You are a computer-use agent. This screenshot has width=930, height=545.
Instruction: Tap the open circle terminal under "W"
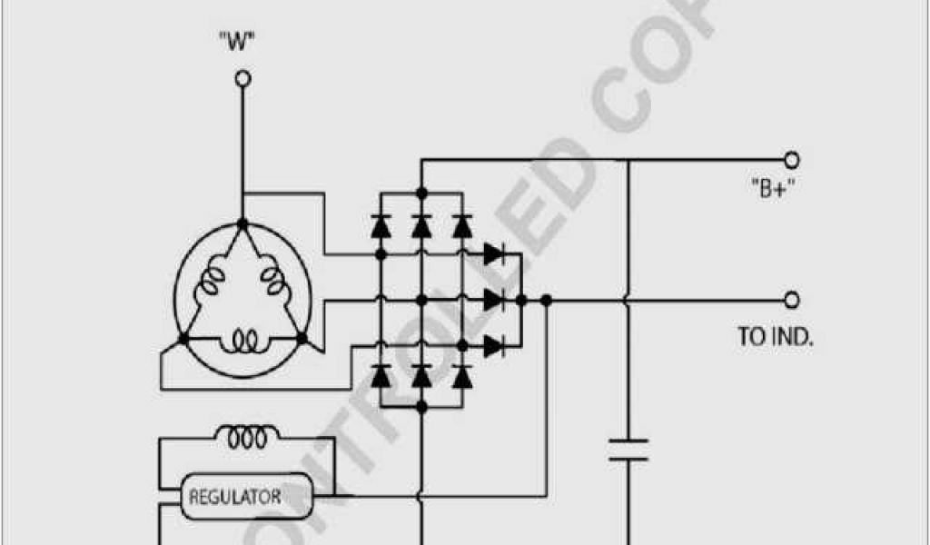point(242,80)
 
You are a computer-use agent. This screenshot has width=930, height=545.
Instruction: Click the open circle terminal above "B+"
point(791,161)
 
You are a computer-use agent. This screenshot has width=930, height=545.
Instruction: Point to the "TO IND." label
point(775,336)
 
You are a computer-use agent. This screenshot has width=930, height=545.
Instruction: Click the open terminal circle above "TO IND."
point(791,299)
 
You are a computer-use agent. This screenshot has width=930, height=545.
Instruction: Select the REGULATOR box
point(234,497)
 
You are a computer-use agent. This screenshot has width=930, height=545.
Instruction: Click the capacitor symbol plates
point(628,451)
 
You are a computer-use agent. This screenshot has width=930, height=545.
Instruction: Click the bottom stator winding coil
point(242,341)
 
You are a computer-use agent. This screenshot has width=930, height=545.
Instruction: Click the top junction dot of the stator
point(242,223)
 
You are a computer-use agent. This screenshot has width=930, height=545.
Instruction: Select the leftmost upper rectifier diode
point(381,224)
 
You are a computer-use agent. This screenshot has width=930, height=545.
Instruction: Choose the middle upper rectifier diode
point(420,224)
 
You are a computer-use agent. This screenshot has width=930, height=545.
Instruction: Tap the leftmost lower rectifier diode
point(381,374)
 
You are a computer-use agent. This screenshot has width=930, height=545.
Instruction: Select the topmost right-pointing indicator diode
point(494,253)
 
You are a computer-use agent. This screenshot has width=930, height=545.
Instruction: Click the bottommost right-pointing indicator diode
point(494,344)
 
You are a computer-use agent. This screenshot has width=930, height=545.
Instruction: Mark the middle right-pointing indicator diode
point(494,299)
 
